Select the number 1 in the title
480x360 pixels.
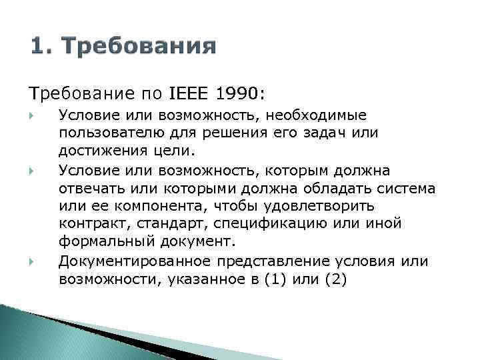[38, 47]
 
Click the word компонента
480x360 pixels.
[151, 206]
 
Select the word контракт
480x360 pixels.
[88, 224]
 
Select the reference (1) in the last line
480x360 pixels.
[275, 279]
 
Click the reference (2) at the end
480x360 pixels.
[334, 279]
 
